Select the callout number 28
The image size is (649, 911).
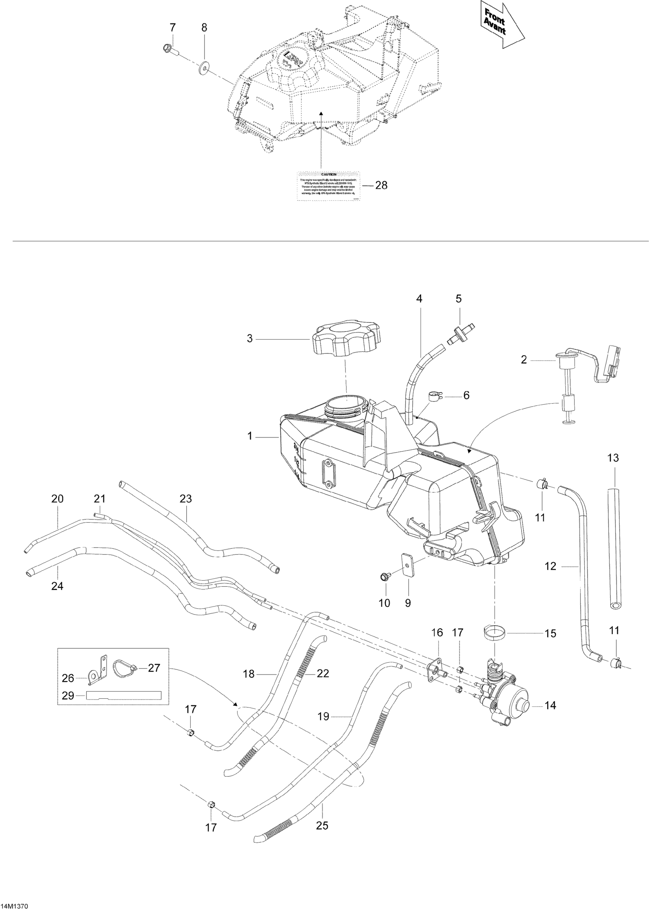point(382,186)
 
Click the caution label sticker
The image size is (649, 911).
point(328,186)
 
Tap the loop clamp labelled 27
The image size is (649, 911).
point(125,667)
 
